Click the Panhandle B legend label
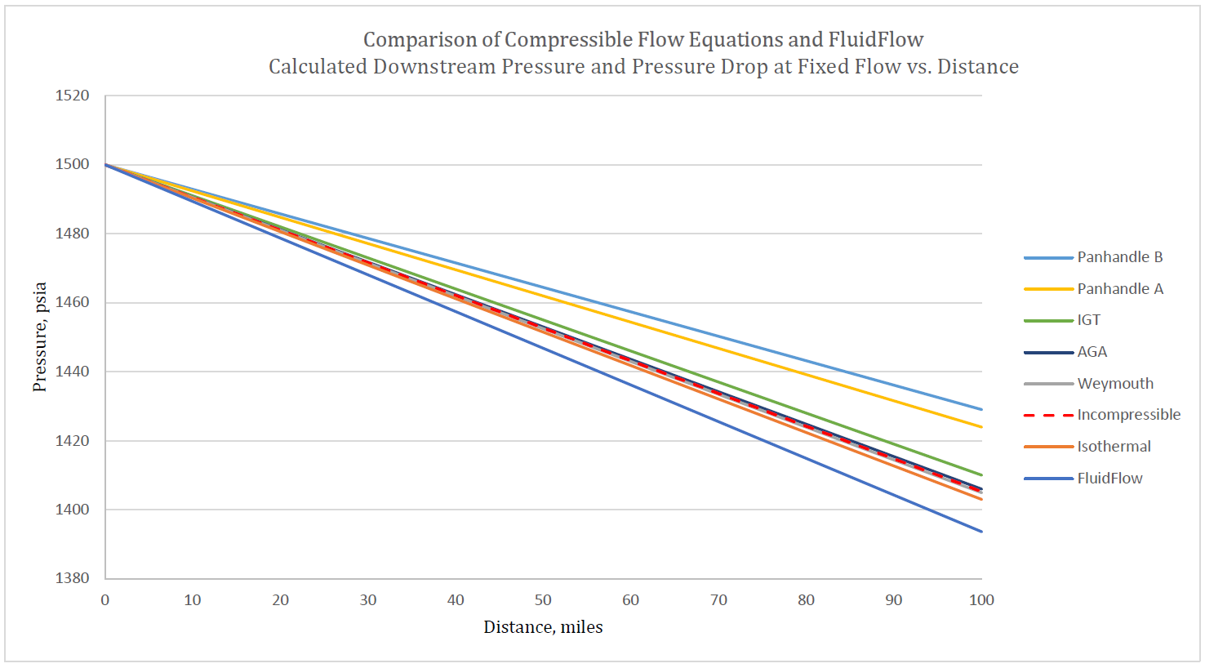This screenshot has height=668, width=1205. pyautogui.click(x=1119, y=257)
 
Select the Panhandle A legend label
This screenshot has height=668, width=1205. pyautogui.click(x=1119, y=289)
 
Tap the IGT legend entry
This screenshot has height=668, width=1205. pyautogui.click(x=1088, y=320)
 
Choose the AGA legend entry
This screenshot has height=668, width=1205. pyautogui.click(x=1092, y=352)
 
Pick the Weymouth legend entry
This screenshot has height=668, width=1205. pyautogui.click(x=1115, y=384)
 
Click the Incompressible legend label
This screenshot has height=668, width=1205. pyautogui.click(x=1128, y=415)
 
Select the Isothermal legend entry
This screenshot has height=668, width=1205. pyautogui.click(x=1114, y=447)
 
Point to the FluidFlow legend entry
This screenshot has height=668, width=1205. pyautogui.click(x=1109, y=479)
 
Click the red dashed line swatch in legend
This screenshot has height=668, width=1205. pyautogui.click(x=1048, y=416)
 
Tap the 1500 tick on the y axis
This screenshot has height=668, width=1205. pyautogui.click(x=73, y=164)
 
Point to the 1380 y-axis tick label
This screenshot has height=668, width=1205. pyautogui.click(x=73, y=578)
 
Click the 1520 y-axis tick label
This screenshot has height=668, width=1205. pyautogui.click(x=73, y=96)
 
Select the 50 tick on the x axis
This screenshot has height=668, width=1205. pyautogui.click(x=543, y=600)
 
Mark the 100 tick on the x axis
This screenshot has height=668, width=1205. pyautogui.click(x=980, y=600)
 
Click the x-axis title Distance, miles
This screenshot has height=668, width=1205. pyautogui.click(x=543, y=627)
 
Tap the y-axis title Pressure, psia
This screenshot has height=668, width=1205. pyautogui.click(x=39, y=336)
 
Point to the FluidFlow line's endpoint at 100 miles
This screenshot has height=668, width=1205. pyautogui.click(x=981, y=532)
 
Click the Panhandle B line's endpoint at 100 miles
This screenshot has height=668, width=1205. pyautogui.click(x=981, y=410)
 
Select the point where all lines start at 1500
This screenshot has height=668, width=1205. pyautogui.click(x=105, y=165)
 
